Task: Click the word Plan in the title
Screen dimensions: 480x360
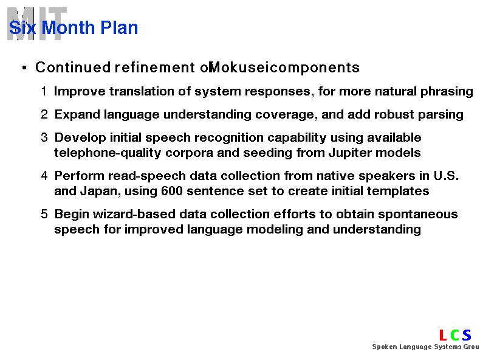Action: (x=119, y=27)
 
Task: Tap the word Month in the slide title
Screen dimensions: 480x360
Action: (x=68, y=27)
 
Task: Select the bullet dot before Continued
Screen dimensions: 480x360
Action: (x=24, y=67)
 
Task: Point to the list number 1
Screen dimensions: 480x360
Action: (x=44, y=91)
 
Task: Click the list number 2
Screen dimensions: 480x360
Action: (x=44, y=114)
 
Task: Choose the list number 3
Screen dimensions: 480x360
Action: (x=44, y=137)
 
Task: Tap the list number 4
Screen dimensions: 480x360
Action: (x=44, y=176)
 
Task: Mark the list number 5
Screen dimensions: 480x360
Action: (x=44, y=214)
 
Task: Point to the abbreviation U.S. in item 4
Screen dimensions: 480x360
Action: (x=446, y=176)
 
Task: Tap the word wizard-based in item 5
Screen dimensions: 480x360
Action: (x=134, y=214)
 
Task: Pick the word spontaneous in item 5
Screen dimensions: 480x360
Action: (x=418, y=215)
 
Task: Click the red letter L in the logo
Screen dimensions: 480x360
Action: (x=443, y=335)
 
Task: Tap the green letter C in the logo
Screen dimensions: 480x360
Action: (x=455, y=335)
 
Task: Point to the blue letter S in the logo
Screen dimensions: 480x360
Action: (x=467, y=335)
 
